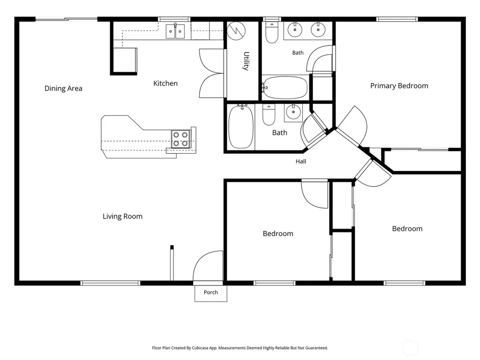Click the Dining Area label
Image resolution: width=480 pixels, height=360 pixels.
63,89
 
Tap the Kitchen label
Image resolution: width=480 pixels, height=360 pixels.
165,83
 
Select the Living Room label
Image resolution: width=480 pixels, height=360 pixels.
122,217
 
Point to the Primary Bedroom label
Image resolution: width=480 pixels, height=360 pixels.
399,86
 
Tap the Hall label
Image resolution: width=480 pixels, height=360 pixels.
300,161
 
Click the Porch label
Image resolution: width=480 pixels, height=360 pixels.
211,292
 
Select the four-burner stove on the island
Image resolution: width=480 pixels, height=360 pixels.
180,139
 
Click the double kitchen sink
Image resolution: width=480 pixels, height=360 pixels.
175,31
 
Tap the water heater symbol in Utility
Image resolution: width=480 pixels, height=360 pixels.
236,30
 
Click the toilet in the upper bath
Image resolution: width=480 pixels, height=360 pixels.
271,32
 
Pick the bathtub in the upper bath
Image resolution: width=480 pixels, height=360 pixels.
285,88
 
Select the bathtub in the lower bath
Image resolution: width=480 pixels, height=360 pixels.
241,127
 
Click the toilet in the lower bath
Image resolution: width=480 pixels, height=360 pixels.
269,114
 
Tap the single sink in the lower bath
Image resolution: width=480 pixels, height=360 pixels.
293,112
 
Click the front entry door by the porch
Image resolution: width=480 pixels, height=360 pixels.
208,266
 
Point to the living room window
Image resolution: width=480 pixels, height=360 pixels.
110,283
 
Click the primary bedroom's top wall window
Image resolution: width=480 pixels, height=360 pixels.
397,19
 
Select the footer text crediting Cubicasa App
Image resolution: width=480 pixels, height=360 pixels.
240,348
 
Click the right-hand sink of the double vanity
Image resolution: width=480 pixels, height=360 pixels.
318,30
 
